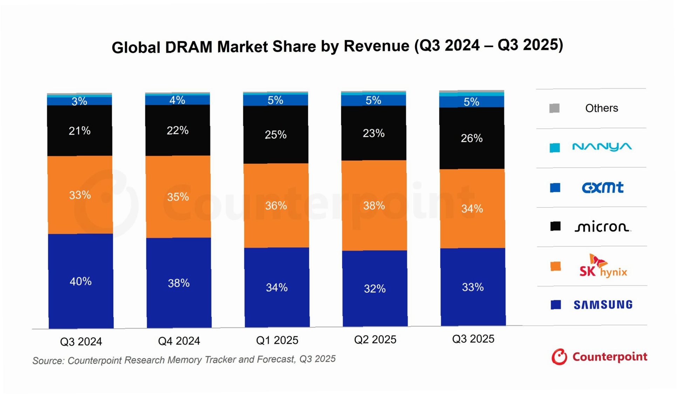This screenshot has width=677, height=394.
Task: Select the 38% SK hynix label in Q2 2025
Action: (x=374, y=206)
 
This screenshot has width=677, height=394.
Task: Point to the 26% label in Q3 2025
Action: (x=472, y=138)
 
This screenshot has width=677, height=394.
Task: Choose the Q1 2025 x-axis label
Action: (x=277, y=340)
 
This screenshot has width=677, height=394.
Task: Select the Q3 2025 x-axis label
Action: (x=473, y=339)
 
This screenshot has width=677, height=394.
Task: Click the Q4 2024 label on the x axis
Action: (x=179, y=341)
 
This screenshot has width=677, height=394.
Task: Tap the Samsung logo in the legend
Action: (x=603, y=305)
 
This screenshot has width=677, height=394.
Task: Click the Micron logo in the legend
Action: (x=602, y=227)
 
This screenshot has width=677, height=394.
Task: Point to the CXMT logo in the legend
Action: (x=603, y=187)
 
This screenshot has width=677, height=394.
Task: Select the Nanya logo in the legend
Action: (x=602, y=147)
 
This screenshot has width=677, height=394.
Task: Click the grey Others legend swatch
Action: (x=554, y=108)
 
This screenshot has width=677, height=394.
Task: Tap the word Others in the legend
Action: (x=602, y=108)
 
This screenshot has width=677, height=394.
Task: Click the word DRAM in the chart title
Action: (x=189, y=47)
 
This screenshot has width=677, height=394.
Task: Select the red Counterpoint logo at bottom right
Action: (x=599, y=357)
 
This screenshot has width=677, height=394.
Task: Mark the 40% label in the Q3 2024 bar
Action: (x=81, y=281)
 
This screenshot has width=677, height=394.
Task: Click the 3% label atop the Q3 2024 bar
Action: (x=79, y=101)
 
